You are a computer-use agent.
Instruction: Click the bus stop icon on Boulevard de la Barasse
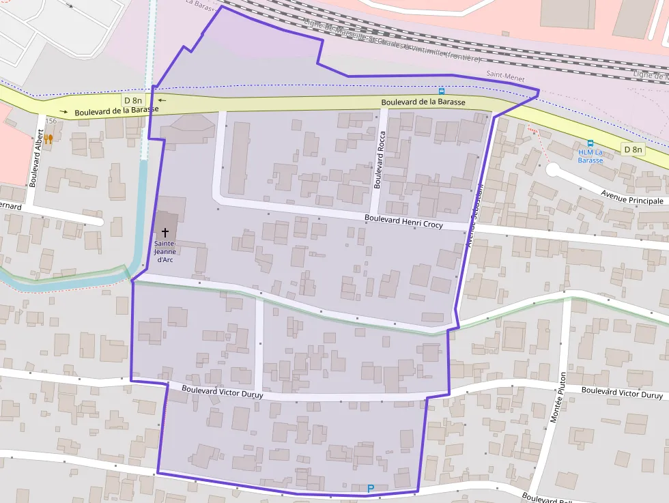442,91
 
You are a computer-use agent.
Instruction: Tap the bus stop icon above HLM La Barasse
590,143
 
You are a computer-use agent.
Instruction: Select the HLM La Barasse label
590,156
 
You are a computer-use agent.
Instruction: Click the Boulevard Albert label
35,160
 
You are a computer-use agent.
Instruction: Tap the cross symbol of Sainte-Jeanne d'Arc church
165,233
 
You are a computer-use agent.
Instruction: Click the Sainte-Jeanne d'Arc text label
165,251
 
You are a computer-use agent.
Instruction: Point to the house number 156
51,121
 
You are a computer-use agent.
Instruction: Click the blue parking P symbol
371,488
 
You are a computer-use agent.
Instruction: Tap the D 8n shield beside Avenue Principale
632,149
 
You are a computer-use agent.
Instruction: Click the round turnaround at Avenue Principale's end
553,169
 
